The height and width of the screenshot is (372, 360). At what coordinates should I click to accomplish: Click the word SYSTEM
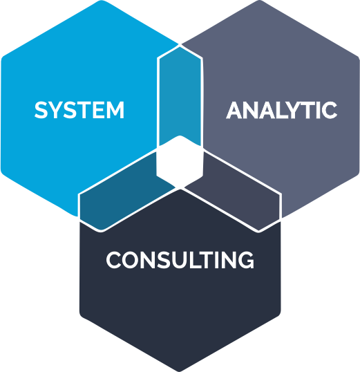pyautogui.click(x=79, y=110)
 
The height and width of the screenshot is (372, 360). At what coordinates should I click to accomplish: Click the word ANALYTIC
pyautogui.click(x=281, y=110)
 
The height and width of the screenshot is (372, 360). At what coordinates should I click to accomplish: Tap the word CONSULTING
pyautogui.click(x=180, y=260)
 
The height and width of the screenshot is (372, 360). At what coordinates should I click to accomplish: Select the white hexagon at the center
pyautogui.click(x=180, y=161)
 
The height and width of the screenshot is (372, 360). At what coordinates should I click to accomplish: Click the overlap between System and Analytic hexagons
pyautogui.click(x=180, y=95)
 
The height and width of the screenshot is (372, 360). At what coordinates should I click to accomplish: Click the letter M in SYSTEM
pyautogui.click(x=115, y=110)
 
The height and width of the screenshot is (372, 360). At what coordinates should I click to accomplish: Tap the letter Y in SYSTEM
pyautogui.click(x=55, y=110)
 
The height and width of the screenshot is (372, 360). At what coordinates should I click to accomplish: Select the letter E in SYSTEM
pyautogui.click(x=97, y=110)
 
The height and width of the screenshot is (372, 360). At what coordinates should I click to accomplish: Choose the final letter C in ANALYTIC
pyautogui.click(x=330, y=110)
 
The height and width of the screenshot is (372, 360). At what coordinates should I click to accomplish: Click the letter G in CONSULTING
pyautogui.click(x=246, y=260)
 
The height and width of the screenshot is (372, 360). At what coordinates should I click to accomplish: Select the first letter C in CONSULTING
pyautogui.click(x=114, y=260)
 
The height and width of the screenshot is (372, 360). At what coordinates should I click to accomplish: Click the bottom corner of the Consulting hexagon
pyautogui.click(x=180, y=371)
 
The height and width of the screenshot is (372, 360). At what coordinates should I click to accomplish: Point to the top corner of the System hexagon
pyautogui.click(x=102, y=1)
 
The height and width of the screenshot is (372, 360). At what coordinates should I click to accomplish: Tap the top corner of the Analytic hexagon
pyautogui.click(x=260, y=1)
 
